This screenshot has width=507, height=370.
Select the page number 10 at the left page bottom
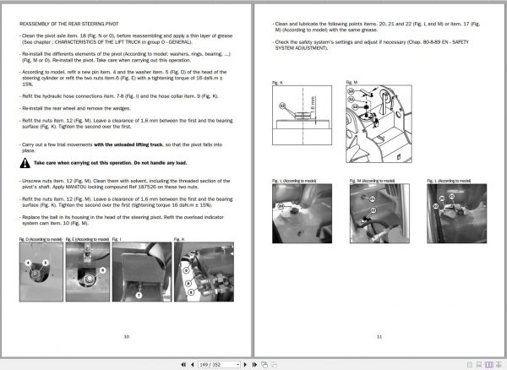[126, 336]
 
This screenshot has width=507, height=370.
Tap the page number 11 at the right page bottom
[379, 336]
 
